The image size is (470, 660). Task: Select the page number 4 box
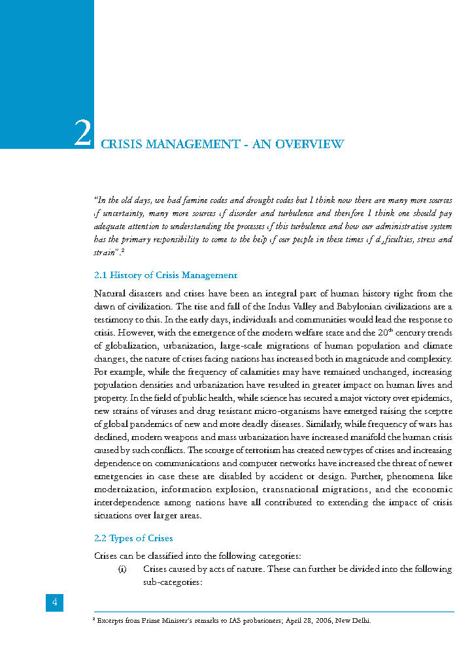(x=54, y=603)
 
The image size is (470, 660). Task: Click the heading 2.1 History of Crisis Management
(x=166, y=275)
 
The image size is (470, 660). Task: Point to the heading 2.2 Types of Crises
(x=133, y=539)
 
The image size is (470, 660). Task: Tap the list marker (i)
(x=122, y=569)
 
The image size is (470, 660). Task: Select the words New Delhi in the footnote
(x=353, y=621)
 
